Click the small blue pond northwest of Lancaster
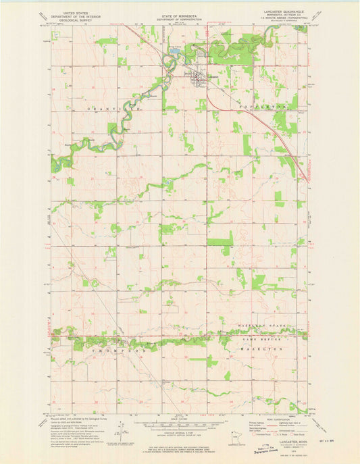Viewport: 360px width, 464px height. click(x=175, y=51)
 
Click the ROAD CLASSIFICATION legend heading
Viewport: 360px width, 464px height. click(x=270, y=418)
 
